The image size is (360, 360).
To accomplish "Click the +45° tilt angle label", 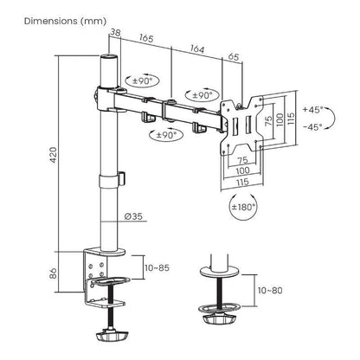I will (x=314, y=110).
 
